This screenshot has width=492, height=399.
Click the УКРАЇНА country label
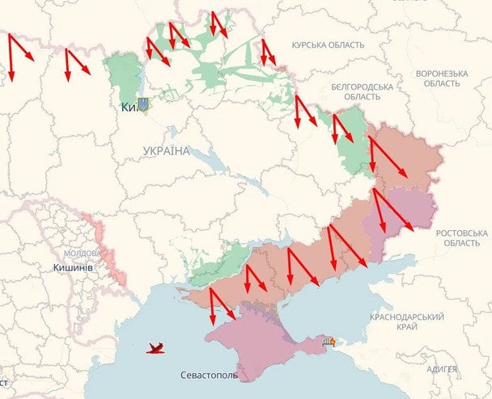tap(166, 151)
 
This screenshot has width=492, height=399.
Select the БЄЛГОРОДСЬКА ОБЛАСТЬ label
tap(362, 91)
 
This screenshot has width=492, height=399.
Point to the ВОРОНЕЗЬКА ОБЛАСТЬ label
tap(442, 78)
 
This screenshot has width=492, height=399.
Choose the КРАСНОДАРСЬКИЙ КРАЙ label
tap(408, 321)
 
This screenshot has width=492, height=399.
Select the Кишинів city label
tap(74, 267)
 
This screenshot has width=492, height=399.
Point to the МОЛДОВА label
tap(81, 253)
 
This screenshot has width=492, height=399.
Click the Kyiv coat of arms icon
tap(143, 104)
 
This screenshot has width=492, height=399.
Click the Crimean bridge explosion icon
tap(329, 342)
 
